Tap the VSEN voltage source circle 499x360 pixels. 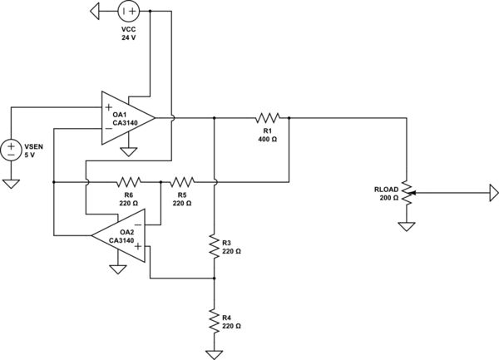[x=12, y=150]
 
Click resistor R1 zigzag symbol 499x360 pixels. [x=269, y=118]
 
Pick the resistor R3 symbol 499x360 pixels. [x=215, y=245]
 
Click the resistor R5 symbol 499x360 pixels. [x=182, y=180]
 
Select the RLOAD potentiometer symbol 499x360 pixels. [x=406, y=192]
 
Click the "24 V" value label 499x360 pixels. [x=128, y=37]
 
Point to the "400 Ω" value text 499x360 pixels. [x=269, y=139]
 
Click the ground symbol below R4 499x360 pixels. [x=215, y=354]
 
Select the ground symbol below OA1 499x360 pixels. [x=128, y=151]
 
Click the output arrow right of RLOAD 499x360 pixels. [x=493, y=193]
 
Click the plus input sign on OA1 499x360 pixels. [x=108, y=106]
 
